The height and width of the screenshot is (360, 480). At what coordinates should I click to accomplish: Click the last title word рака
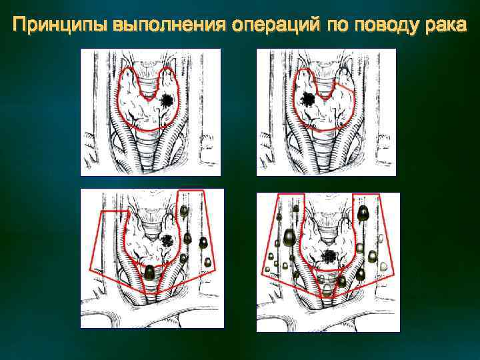pos(445,26)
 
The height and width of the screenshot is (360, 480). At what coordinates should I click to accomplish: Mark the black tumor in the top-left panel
pos(167,101)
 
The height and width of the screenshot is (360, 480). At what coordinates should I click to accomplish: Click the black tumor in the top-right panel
pos(307,100)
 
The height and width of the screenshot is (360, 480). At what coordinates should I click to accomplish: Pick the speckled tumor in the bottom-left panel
pos(167,240)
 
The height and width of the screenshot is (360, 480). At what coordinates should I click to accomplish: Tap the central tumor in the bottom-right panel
pos(328,255)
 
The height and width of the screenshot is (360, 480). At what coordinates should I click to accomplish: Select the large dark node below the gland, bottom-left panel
pos(151,272)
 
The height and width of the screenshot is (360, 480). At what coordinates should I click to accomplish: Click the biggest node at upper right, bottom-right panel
pos(363,214)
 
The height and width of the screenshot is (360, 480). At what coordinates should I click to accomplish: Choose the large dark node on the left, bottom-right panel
pos(290,237)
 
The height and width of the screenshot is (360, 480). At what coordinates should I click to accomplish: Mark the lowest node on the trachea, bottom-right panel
pos(326,289)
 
